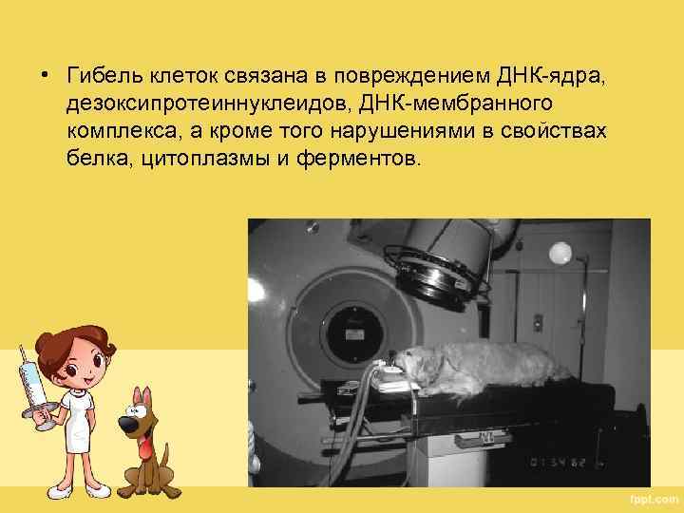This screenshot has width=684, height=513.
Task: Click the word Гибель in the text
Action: click(99, 75)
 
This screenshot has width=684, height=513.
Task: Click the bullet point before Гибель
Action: click(44, 76)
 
